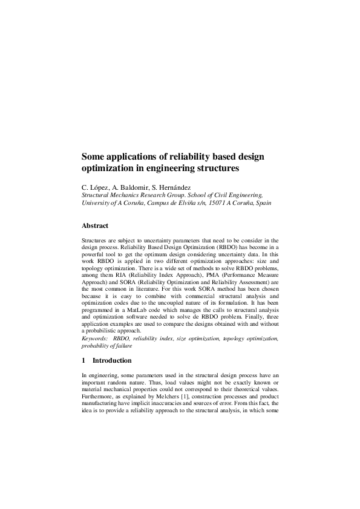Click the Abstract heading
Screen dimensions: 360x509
(x=95, y=226)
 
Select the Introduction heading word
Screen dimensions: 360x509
(x=112, y=361)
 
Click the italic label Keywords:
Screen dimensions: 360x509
(x=95, y=338)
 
